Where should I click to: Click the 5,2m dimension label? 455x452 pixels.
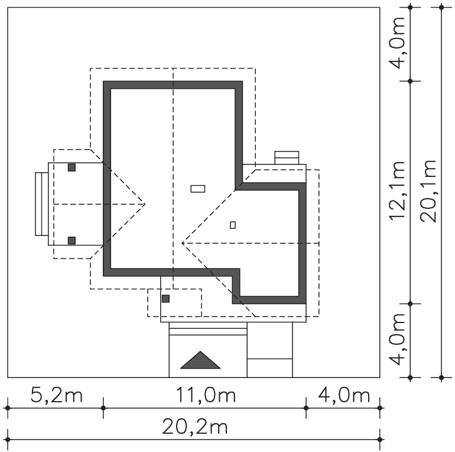56,395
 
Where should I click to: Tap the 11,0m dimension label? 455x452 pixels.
206,395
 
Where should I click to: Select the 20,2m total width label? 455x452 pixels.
194,427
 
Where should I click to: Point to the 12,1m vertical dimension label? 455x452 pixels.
397,191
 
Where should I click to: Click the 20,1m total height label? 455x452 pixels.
428,191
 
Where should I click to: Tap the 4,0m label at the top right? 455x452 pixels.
397,43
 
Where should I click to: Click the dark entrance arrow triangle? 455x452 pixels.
200,360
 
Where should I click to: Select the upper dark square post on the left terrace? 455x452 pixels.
71,167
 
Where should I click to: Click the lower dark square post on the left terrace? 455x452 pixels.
71,241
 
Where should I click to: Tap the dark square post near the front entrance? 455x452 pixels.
165,299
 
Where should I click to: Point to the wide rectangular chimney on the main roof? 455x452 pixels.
198,189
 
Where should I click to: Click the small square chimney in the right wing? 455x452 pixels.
233,225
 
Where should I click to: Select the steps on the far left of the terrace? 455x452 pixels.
42,204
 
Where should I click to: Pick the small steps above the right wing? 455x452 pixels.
287,158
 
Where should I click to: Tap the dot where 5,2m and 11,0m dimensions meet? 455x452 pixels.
103,408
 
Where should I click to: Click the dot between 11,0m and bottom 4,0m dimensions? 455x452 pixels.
306,408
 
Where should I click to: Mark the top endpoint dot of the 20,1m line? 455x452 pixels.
441,7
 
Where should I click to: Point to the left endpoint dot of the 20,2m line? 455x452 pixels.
8,440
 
